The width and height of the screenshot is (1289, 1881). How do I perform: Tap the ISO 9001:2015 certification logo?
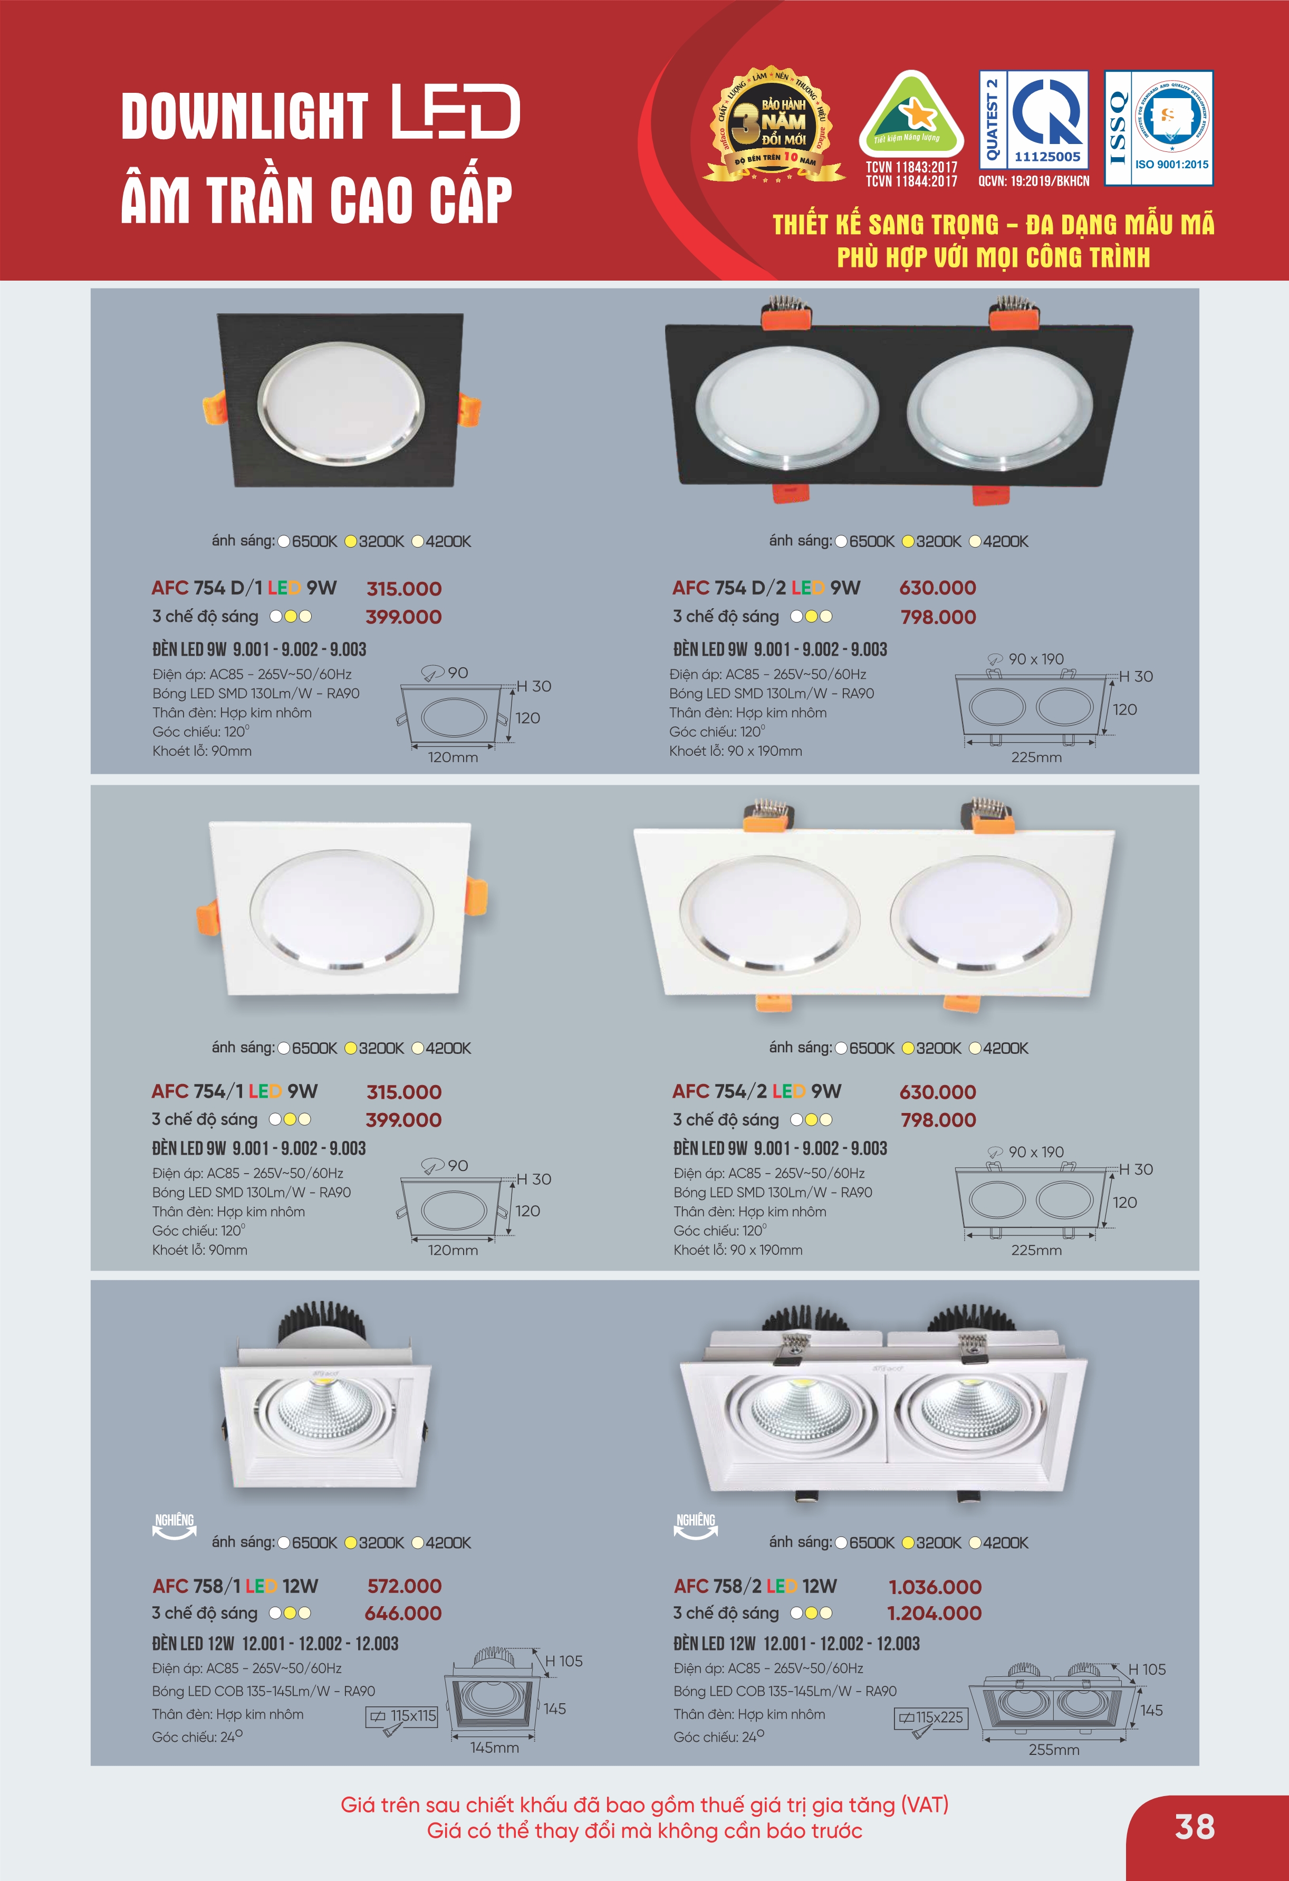(1159, 128)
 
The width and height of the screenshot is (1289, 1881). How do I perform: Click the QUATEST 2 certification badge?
(1033, 120)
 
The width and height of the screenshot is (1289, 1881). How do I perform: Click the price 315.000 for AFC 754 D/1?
(404, 589)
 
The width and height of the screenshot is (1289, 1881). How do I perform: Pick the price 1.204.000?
(935, 1613)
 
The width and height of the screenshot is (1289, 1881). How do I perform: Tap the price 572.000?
(405, 1586)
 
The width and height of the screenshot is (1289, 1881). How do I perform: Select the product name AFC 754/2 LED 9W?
(756, 1091)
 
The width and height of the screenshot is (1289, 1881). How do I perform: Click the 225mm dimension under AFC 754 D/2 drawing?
(1036, 757)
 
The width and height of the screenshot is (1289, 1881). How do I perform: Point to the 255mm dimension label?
(1054, 1749)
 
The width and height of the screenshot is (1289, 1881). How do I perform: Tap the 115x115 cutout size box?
(402, 1716)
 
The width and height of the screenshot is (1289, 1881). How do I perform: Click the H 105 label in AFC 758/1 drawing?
(563, 1661)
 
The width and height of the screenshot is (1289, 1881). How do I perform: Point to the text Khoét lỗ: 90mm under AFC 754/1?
(200, 1250)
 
